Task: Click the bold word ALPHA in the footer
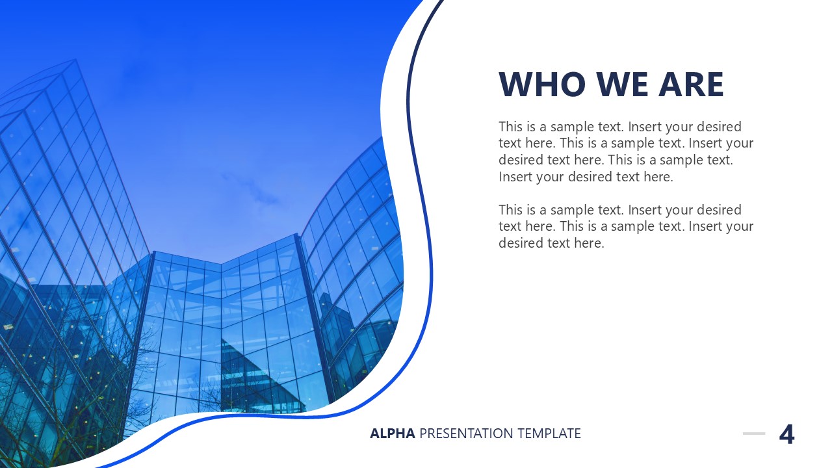tap(392, 434)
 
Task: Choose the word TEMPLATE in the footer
tap(549, 434)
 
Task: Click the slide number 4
tap(786, 434)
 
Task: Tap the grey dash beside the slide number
tap(754, 434)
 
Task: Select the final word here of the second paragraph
tap(589, 243)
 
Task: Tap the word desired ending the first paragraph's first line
tap(720, 127)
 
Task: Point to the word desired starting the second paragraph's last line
tap(521, 243)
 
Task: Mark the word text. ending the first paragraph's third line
tap(718, 160)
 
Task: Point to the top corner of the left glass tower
tap(75, 60)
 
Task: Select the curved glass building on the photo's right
tap(357, 247)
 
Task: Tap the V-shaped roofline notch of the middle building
tap(221, 263)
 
